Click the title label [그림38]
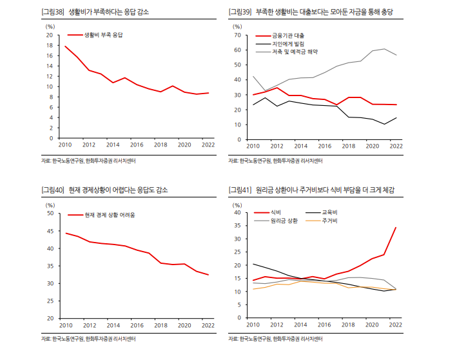(x=53, y=12)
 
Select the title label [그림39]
(x=240, y=12)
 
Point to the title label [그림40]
(x=53, y=190)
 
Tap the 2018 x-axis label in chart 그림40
(x=159, y=326)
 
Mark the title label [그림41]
(x=240, y=190)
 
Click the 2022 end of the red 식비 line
(x=396, y=228)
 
